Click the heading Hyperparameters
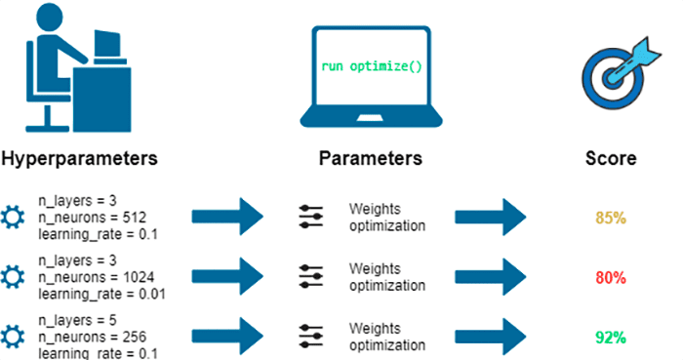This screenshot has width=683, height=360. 79,158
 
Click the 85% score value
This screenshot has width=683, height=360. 610,218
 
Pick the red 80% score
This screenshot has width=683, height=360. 610,277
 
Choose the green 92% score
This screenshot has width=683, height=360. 610,337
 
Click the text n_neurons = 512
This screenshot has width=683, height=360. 81,218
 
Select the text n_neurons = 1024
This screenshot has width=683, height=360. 84,277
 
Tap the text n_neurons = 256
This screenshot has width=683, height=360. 81,337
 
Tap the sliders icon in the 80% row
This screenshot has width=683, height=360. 310,277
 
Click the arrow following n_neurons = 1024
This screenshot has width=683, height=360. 227,277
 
